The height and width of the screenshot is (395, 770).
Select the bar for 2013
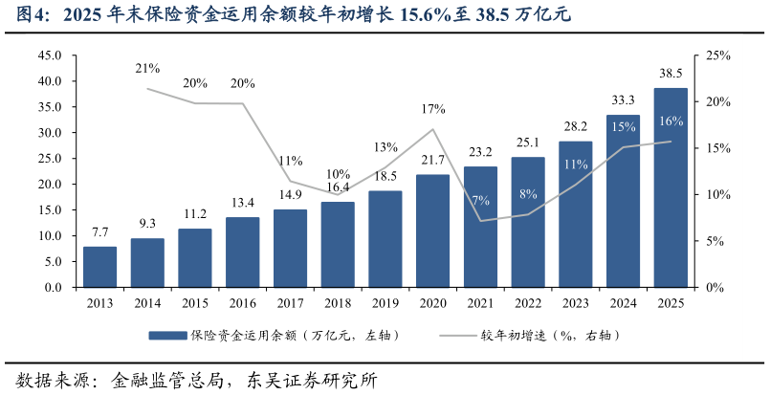pyautogui.click(x=99, y=267)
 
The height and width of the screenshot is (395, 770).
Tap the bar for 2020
pyautogui.click(x=432, y=230)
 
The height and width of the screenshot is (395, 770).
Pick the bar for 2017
pyautogui.click(x=290, y=248)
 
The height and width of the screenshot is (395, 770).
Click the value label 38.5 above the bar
pyautogui.click(x=671, y=73)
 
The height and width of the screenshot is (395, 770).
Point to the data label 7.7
pyautogui.click(x=99, y=232)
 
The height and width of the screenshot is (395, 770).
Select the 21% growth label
pyautogui.click(x=147, y=69)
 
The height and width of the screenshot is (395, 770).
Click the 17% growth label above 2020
pyautogui.click(x=432, y=109)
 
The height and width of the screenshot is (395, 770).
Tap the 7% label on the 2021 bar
pyautogui.click(x=479, y=200)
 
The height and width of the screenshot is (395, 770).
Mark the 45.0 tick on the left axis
pyautogui.click(x=50, y=55)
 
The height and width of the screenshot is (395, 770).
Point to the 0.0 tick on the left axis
pyautogui.click(x=54, y=287)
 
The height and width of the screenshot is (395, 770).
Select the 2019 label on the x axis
pyautogui.click(x=385, y=303)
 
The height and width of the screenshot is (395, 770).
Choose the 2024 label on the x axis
pyautogui.click(x=623, y=303)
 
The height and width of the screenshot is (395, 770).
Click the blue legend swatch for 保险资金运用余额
pyautogui.click(x=166, y=336)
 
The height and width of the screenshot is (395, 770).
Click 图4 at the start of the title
pyautogui.click(x=27, y=15)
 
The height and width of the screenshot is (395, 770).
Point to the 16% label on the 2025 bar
pyautogui.click(x=671, y=121)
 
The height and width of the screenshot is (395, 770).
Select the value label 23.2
pyautogui.click(x=479, y=151)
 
